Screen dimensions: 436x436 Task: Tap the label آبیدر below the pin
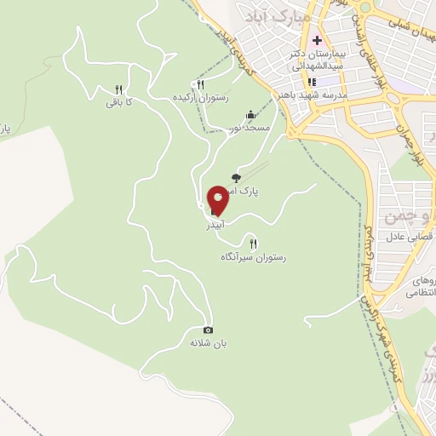click(216, 228)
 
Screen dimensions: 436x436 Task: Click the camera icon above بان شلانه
click(208, 330)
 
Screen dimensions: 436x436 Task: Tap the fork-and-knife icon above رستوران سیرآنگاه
click(253, 244)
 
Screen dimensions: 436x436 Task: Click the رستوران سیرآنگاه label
click(254, 256)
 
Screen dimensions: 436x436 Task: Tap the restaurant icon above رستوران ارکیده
click(201, 84)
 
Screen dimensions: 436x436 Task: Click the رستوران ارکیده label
click(200, 97)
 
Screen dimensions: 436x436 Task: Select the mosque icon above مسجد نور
click(250, 115)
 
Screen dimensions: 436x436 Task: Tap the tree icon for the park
click(236, 178)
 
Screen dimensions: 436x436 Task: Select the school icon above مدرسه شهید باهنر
click(312, 82)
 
